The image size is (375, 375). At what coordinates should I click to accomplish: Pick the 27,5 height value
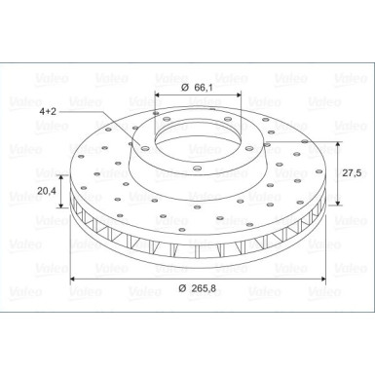point(353,171)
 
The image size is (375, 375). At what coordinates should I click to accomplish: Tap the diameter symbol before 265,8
point(184,289)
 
